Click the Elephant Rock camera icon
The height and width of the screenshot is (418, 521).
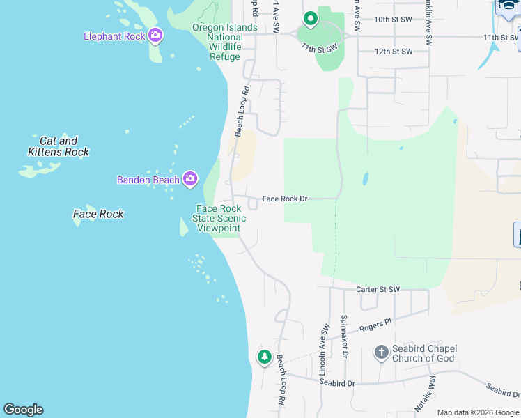tap(155, 35)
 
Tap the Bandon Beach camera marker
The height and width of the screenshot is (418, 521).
tap(190, 179)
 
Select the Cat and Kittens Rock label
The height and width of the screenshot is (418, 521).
tap(59, 146)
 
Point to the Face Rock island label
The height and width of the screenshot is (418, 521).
tap(98, 214)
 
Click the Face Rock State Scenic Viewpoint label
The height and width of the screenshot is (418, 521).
tap(219, 218)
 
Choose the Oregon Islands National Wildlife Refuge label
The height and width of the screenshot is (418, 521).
tap(216, 42)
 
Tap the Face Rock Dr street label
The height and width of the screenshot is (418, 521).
tap(285, 199)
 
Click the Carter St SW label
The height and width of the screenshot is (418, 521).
tap(378, 289)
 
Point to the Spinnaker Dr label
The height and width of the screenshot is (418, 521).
tap(344, 336)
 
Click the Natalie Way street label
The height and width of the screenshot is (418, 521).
tap(433, 391)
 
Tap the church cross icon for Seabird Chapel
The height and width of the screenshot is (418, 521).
tap(381, 353)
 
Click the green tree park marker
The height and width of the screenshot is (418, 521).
tap(264, 357)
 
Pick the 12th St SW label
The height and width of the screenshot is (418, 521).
tap(394, 52)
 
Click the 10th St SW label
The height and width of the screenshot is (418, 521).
tap(394, 20)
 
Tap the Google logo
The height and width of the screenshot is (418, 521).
tap(23, 410)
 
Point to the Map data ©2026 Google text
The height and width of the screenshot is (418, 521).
tap(478, 412)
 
